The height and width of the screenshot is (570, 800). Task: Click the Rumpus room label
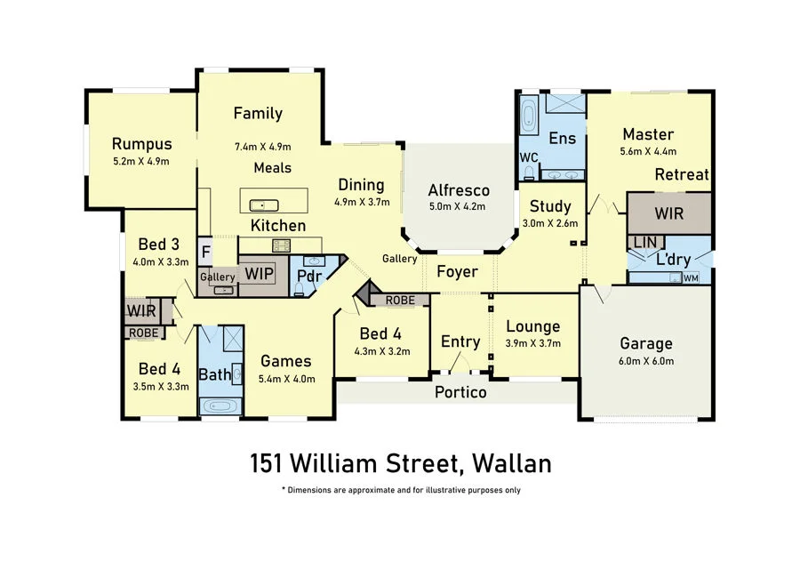click(x=141, y=144)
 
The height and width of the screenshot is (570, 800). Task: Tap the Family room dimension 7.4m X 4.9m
click(x=262, y=147)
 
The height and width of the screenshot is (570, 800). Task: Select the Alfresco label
click(x=459, y=190)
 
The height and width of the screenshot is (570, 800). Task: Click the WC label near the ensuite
click(x=528, y=157)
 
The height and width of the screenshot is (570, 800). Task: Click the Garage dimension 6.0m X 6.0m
click(x=646, y=361)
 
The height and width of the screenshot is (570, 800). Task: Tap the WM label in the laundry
click(x=690, y=278)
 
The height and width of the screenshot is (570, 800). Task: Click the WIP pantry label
click(x=259, y=273)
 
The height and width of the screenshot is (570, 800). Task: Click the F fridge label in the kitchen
click(x=205, y=252)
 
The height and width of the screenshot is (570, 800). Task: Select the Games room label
click(x=285, y=361)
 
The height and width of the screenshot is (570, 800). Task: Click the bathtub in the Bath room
click(x=219, y=406)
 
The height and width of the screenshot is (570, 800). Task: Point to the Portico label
click(x=460, y=391)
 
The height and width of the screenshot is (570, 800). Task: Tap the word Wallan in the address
click(x=513, y=463)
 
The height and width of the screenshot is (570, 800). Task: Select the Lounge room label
click(x=532, y=326)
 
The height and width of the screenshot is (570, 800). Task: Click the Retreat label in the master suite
click(x=682, y=174)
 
